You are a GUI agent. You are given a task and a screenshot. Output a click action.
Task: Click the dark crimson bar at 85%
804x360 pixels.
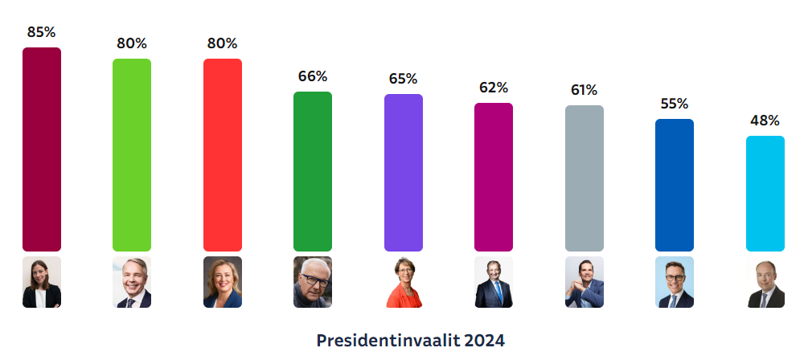[x=42, y=149]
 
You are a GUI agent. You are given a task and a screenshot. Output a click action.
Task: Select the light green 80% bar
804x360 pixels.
[x=132, y=155]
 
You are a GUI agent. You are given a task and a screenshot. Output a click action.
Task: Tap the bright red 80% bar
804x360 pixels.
[x=223, y=155]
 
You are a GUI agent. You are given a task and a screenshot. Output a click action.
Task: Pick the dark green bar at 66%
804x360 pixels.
[x=313, y=171]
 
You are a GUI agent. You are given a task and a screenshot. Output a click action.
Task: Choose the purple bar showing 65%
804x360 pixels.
[x=404, y=173]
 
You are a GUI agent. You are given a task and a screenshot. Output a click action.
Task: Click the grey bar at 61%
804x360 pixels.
[x=585, y=178]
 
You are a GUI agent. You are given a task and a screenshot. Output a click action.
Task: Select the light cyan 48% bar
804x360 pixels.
[x=765, y=194]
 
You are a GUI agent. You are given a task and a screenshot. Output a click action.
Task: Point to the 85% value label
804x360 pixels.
[x=42, y=32]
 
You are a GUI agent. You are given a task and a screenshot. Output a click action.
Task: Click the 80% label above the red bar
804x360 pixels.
[x=223, y=43]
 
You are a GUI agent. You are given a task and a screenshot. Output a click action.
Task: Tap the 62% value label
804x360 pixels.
[x=494, y=88]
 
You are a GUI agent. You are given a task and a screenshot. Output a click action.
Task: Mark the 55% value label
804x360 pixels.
[x=675, y=104]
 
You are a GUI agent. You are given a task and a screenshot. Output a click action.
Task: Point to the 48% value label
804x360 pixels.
[x=765, y=121]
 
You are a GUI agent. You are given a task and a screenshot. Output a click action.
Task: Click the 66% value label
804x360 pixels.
[x=313, y=76]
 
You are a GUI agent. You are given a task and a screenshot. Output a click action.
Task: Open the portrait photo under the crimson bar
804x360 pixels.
[x=42, y=282]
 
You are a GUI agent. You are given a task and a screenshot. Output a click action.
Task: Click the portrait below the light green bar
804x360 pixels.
[x=132, y=282]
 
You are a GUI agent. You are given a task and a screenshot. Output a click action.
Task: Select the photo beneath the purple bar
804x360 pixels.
[x=404, y=282]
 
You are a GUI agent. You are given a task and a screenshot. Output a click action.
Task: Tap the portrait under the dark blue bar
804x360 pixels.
[x=675, y=282]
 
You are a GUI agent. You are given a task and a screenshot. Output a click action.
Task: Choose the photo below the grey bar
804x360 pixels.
[x=585, y=282]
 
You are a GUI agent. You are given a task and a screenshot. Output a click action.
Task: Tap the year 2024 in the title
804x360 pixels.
[x=484, y=340]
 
